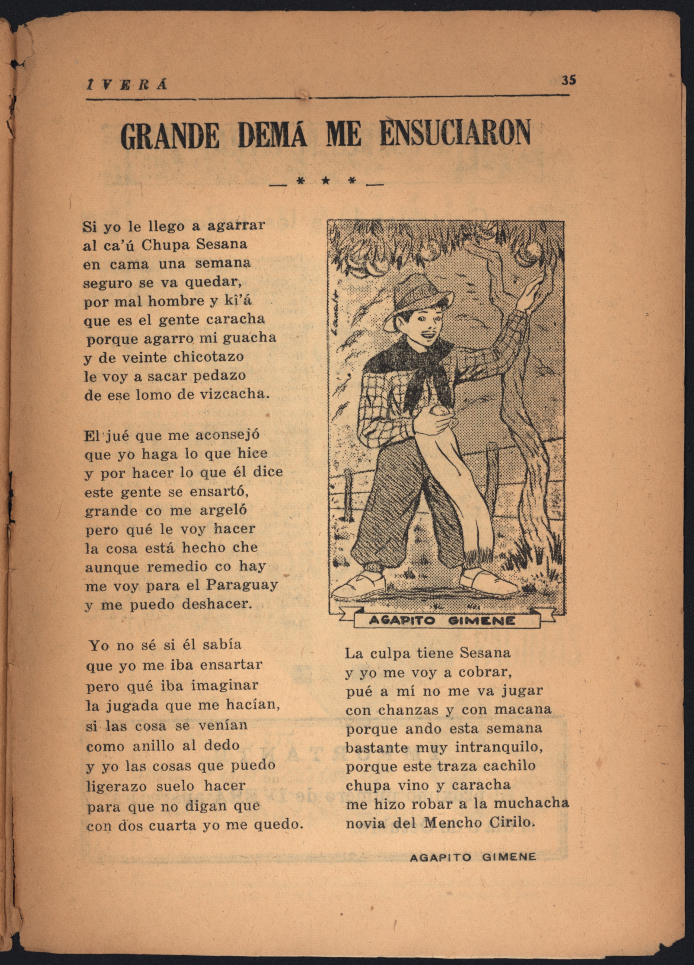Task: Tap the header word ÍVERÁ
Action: coord(126,85)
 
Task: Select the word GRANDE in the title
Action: coord(170,136)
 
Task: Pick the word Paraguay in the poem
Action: coord(242,585)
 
